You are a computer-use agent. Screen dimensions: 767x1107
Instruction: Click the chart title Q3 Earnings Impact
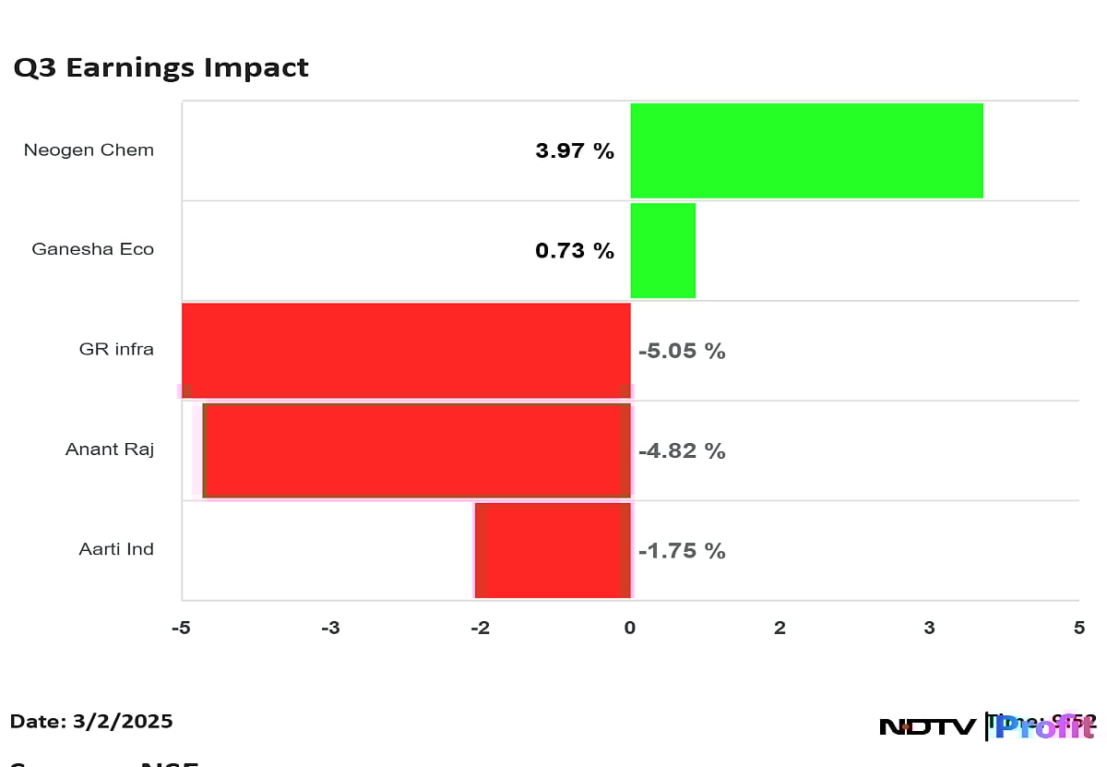161,68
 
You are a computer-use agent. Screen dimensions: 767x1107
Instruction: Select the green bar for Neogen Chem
806,150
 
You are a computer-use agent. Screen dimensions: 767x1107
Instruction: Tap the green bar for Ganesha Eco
662,250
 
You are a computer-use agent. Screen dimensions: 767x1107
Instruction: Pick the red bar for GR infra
406,350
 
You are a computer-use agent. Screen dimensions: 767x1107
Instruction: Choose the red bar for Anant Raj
417,450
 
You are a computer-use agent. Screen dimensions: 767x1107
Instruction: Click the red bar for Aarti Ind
553,550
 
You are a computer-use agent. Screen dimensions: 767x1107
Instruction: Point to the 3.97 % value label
575,150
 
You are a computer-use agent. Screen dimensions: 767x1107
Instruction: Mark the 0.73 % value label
575,250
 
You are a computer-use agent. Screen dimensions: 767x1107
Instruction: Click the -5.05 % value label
682,351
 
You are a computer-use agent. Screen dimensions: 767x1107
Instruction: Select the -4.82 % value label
682,450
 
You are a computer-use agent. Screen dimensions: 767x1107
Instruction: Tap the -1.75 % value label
682,551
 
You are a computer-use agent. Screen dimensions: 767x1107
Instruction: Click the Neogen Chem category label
89,150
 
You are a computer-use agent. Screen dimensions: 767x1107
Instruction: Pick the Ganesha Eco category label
92,249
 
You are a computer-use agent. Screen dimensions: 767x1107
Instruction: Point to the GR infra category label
116,350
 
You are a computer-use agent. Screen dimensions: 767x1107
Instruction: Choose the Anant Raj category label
109,449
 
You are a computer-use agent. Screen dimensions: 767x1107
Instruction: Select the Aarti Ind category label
116,549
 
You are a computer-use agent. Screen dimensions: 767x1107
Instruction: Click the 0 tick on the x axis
630,629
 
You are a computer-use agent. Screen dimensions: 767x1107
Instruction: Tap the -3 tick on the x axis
330,629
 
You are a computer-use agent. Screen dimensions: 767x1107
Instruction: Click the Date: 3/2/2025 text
91,722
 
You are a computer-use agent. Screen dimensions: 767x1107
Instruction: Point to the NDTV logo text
927,727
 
